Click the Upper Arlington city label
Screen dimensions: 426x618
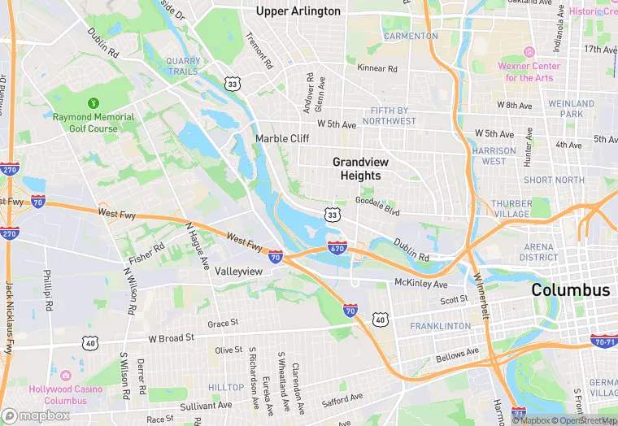pos(298,11)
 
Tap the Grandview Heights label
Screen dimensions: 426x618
pos(356,169)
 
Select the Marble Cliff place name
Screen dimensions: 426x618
pos(282,139)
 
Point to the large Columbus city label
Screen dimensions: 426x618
pos(570,290)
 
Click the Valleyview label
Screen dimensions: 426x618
pos(238,271)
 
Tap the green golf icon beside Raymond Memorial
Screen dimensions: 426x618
pos(93,103)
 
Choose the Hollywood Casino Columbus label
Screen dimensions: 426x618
pos(65,394)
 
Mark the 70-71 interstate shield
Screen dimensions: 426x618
pos(603,341)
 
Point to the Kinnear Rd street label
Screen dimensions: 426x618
pos(376,70)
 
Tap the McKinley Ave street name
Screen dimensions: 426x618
pos(420,285)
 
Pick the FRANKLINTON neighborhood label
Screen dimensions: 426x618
pos(440,326)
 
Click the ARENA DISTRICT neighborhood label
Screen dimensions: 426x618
pos(540,252)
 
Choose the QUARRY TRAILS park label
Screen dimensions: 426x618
pos(182,66)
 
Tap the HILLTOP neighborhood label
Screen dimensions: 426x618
pos(226,388)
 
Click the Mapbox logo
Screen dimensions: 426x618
pos(37,415)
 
